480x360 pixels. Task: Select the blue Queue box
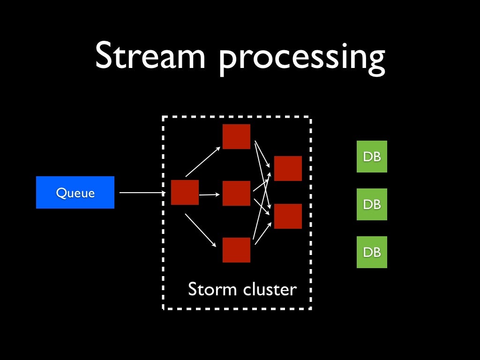coord(75,192)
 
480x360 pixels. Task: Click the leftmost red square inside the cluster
coord(185,192)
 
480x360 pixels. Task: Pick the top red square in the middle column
coord(236,136)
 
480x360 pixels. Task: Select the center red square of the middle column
coord(236,193)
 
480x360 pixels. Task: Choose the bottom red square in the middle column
coord(236,250)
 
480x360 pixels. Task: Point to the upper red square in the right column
coord(288,168)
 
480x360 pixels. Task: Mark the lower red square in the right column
coord(288,216)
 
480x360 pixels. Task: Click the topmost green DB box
coord(372,157)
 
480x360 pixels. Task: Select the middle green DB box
coord(372,204)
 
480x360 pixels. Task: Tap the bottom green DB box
coord(372,252)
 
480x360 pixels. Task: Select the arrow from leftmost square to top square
coord(203,161)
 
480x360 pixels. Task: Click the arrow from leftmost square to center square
coord(210,194)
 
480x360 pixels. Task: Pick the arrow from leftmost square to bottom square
coord(202,230)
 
